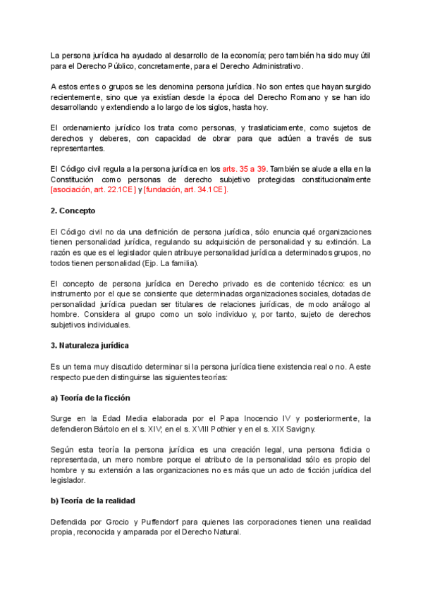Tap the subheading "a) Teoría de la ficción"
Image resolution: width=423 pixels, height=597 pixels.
click(90, 398)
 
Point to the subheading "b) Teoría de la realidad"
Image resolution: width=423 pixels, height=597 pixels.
click(92, 501)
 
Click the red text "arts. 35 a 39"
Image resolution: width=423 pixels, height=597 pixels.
click(245, 170)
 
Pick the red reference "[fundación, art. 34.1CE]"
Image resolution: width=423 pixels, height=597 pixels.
click(186, 190)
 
